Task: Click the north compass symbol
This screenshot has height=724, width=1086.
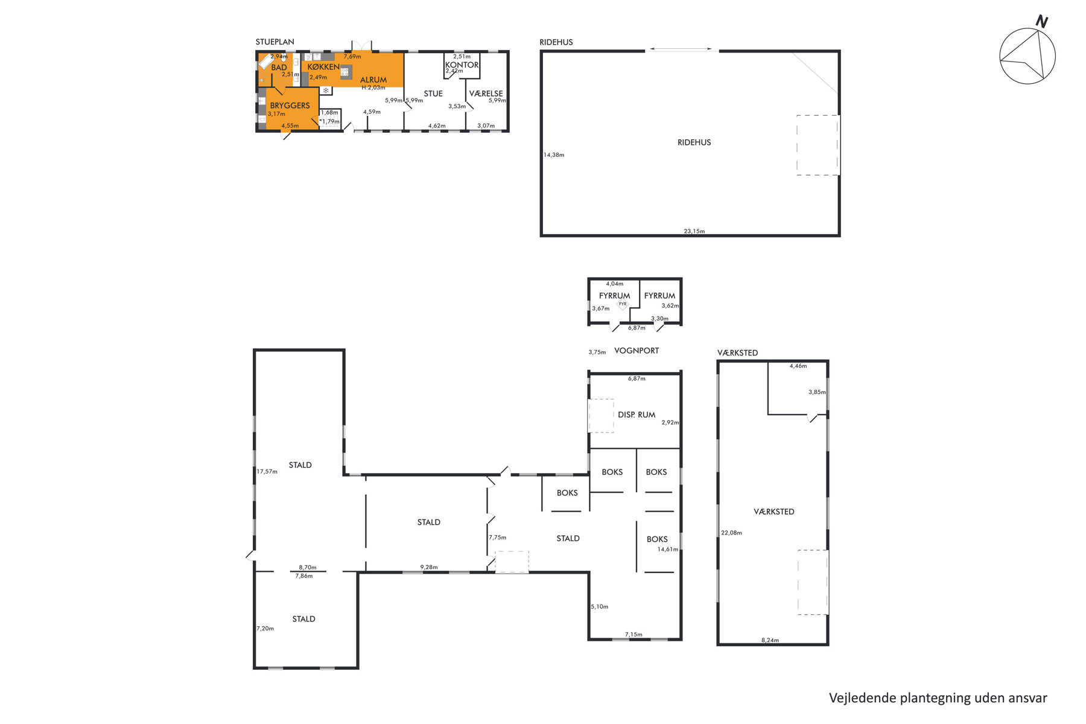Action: pyautogui.click(x=1027, y=55)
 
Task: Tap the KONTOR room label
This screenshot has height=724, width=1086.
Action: pyautogui.click(x=462, y=65)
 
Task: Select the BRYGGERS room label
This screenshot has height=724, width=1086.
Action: pyautogui.click(x=290, y=106)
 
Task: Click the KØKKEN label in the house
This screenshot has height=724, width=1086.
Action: pyautogui.click(x=323, y=67)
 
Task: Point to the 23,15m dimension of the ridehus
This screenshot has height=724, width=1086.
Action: pyautogui.click(x=694, y=231)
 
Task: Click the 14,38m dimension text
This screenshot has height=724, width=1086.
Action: pyautogui.click(x=554, y=155)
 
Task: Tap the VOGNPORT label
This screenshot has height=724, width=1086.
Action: pyautogui.click(x=637, y=351)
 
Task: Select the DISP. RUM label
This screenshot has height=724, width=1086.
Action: pyautogui.click(x=637, y=414)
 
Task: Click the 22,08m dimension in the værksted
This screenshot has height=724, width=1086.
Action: pyautogui.click(x=731, y=533)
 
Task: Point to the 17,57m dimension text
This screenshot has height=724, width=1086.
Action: pyautogui.click(x=267, y=471)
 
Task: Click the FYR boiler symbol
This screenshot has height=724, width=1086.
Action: pyautogui.click(x=623, y=305)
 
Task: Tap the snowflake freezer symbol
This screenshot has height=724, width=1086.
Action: pyautogui.click(x=326, y=91)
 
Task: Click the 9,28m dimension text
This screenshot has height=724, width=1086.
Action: pyautogui.click(x=429, y=567)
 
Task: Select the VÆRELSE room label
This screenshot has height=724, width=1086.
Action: pyautogui.click(x=486, y=94)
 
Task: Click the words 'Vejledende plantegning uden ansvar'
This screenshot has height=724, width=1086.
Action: pyautogui.click(x=938, y=698)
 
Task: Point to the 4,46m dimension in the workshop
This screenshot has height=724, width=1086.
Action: pyautogui.click(x=798, y=366)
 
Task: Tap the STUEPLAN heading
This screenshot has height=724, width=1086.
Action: pyautogui.click(x=275, y=42)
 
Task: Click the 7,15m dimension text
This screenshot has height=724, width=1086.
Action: pyautogui.click(x=634, y=635)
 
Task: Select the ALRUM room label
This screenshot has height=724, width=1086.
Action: pyautogui.click(x=373, y=80)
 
